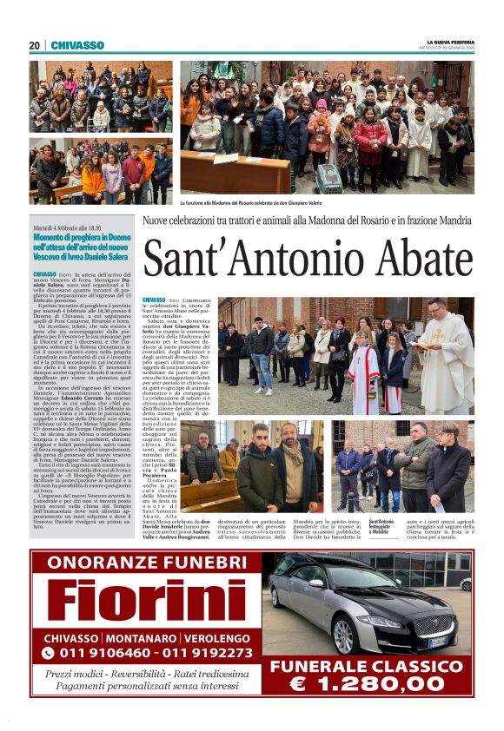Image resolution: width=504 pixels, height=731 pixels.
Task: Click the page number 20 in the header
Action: point(34,45)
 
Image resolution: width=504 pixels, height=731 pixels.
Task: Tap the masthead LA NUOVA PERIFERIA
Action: point(449,42)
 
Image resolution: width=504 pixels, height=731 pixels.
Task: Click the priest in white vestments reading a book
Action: point(448,347)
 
